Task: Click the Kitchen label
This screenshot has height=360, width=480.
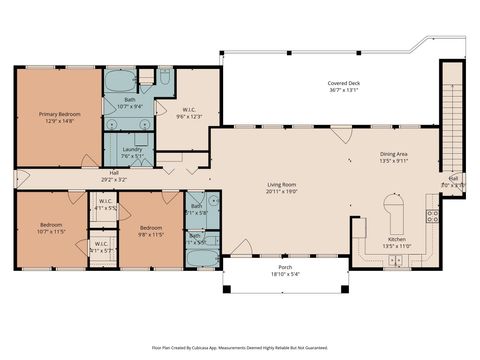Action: click(398, 240)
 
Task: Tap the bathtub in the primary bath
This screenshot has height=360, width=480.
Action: click(119, 79)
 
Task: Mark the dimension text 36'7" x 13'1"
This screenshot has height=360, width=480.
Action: click(344, 91)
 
